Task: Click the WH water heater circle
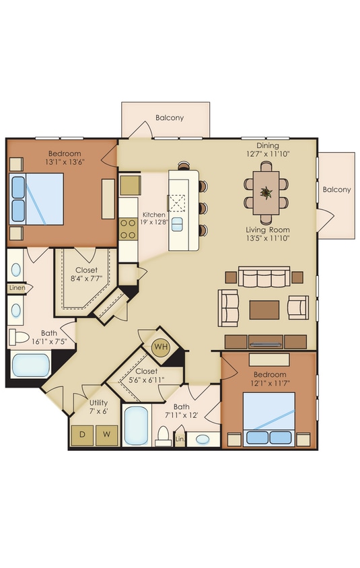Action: point(160,347)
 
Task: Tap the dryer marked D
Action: point(83,434)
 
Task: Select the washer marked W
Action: point(106,434)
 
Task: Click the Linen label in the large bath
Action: point(17,288)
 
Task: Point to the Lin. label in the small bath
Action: point(180,439)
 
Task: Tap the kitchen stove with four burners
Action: point(128,229)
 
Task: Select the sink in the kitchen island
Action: point(177,224)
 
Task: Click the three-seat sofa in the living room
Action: point(264,276)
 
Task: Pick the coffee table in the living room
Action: point(264,310)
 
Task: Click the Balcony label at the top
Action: point(170,118)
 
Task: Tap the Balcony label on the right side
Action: point(336,190)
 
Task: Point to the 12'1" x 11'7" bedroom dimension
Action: point(269,384)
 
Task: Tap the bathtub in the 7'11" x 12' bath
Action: point(137,425)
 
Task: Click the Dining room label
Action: point(267,145)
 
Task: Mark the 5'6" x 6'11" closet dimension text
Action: point(145,380)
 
